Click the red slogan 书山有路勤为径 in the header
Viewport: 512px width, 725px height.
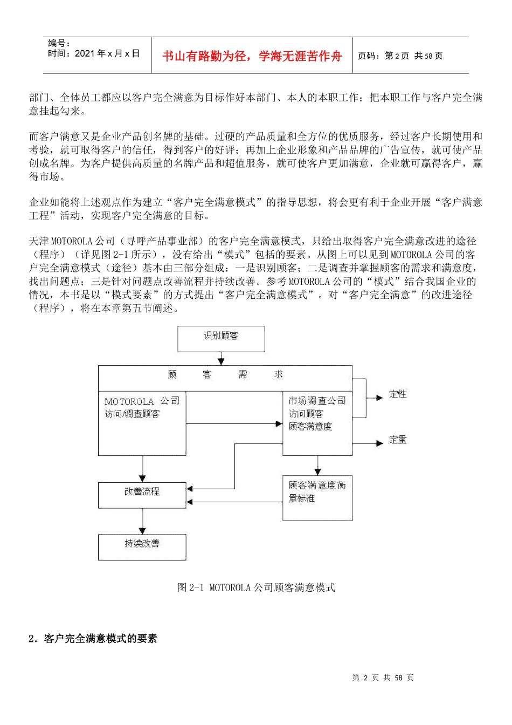point(252,56)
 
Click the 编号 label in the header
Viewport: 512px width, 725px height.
point(59,43)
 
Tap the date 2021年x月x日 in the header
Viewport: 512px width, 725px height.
point(94,53)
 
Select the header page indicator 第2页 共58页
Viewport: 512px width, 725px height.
point(400,56)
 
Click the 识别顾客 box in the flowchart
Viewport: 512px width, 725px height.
point(221,338)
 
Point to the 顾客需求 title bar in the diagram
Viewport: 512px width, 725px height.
point(225,375)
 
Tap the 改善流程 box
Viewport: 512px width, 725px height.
point(142,495)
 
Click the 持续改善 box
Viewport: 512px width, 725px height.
point(142,546)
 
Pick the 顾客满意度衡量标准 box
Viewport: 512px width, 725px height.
point(317,497)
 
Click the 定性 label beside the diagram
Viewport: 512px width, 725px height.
point(398,394)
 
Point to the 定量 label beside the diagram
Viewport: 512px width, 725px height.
point(398,440)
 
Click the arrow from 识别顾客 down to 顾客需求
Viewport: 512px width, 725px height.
point(221,359)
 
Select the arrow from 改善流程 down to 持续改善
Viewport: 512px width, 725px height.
point(142,522)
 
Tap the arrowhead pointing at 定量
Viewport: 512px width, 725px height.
point(379,443)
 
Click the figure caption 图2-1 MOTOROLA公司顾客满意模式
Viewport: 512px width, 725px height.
point(256,587)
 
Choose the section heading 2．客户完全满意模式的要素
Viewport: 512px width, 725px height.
point(92,639)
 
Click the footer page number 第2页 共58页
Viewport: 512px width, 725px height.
point(383,678)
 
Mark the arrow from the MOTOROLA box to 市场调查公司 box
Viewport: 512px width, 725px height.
point(234,424)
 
